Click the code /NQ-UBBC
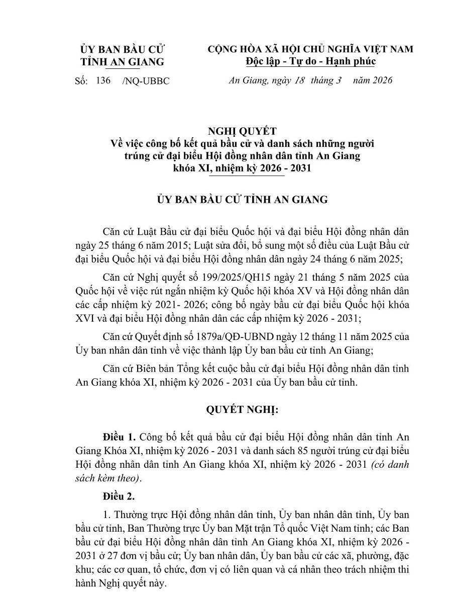(145, 81)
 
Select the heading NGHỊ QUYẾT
(243, 132)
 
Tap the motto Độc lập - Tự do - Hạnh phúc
(310, 61)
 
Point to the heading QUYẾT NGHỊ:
(242, 409)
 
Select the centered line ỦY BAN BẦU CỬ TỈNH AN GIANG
(242, 200)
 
